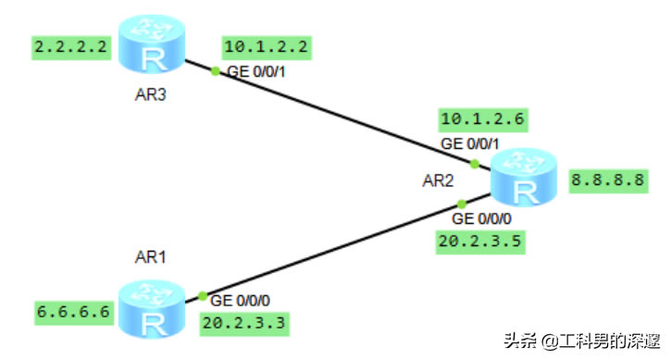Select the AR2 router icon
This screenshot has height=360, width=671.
(524, 181)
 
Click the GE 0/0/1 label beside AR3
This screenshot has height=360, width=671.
(258, 72)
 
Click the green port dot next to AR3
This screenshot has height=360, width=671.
(215, 71)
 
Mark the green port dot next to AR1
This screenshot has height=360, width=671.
(202, 296)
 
